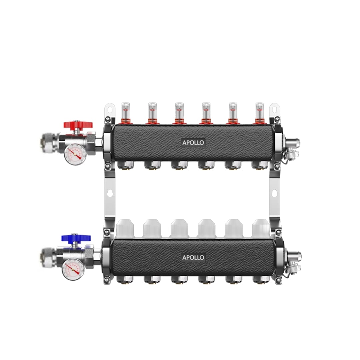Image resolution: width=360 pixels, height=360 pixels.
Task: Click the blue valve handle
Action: [x=76, y=238]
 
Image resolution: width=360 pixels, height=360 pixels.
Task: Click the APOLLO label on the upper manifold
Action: [x=193, y=142]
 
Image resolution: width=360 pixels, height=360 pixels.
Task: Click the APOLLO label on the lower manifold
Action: [x=193, y=257]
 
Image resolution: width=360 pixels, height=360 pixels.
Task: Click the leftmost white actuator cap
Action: [x=125, y=228]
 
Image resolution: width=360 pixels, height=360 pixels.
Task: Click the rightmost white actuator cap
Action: [x=261, y=228]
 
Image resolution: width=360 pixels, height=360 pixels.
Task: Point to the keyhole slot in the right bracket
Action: [x=274, y=193]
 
